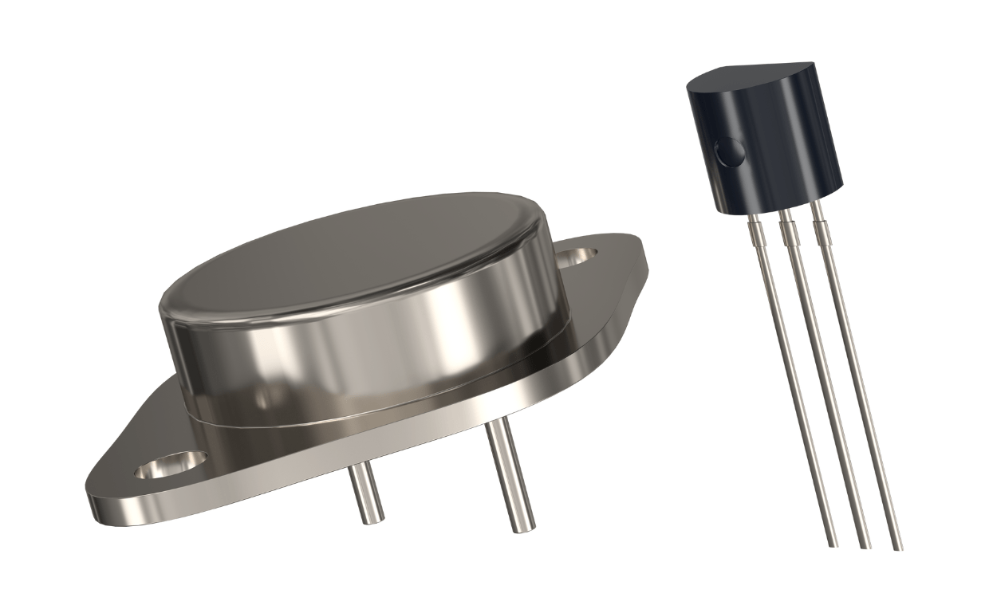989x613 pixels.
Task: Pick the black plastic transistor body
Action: (766, 143)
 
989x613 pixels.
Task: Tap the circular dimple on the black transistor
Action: (730, 151)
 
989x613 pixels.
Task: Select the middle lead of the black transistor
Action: (822, 383)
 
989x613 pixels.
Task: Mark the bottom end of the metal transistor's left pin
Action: (372, 520)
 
